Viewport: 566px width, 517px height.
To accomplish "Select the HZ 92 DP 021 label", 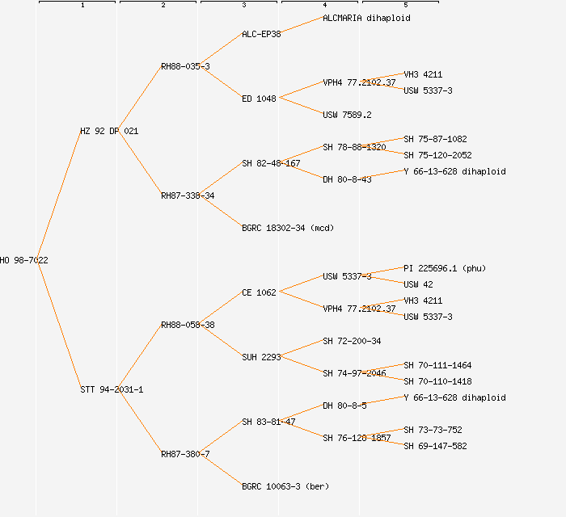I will [109, 131].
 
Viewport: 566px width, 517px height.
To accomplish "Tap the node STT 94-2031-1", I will [112, 389].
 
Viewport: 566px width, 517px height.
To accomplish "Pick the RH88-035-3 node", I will [185, 66].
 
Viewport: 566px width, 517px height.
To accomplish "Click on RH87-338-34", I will [188, 195].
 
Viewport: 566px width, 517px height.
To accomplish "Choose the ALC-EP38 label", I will [261, 34].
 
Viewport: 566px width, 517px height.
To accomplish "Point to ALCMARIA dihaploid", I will [366, 18].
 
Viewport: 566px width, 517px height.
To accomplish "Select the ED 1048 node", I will [259, 99].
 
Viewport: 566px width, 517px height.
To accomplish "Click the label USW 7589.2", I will [347, 115].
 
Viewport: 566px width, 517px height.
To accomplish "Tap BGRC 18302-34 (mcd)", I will [288, 228].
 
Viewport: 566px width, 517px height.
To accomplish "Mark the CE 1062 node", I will [259, 292].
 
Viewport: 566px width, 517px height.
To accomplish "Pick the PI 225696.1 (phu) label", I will [445, 268].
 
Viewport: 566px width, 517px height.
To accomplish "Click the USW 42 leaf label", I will [418, 284].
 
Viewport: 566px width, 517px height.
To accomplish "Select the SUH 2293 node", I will [261, 357].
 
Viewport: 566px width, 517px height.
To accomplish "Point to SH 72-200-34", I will [352, 341].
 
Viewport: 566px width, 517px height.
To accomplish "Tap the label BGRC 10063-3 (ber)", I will [285, 486].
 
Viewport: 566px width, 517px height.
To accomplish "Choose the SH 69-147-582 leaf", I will [435, 446].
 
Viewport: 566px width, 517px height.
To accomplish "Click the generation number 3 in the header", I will [243, 6].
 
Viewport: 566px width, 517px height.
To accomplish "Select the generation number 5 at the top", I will [405, 6].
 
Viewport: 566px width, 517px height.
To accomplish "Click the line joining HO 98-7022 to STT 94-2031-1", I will [59, 325].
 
